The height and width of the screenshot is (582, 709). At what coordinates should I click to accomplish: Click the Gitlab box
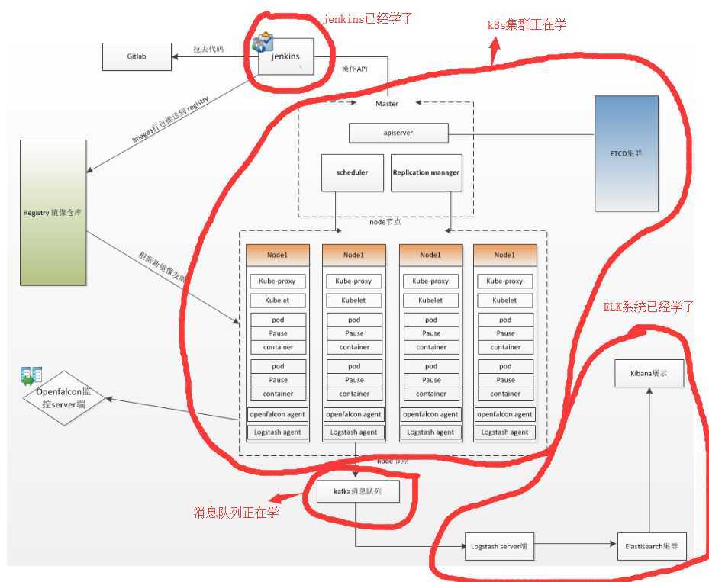(137, 56)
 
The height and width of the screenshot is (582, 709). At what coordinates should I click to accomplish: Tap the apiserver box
(398, 133)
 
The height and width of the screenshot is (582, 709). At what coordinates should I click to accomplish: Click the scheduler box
(352, 172)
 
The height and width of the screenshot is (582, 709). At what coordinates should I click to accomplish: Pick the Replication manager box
(426, 172)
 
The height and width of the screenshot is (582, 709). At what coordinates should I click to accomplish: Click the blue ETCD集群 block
(626, 153)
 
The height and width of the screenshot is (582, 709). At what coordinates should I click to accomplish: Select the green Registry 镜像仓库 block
(53, 212)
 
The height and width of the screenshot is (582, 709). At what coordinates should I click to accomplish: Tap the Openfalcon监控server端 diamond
(64, 398)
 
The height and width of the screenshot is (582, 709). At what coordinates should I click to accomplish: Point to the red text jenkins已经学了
(369, 18)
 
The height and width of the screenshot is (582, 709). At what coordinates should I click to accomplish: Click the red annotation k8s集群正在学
(527, 24)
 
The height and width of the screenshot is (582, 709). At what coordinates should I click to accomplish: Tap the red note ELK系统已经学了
(648, 308)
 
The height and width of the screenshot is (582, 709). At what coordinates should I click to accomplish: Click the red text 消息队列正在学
(236, 513)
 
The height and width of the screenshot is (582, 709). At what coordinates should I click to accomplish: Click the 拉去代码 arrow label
(208, 50)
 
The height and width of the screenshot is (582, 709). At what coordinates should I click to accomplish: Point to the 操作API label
(354, 69)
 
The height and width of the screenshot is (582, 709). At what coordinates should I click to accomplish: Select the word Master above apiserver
(387, 104)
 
